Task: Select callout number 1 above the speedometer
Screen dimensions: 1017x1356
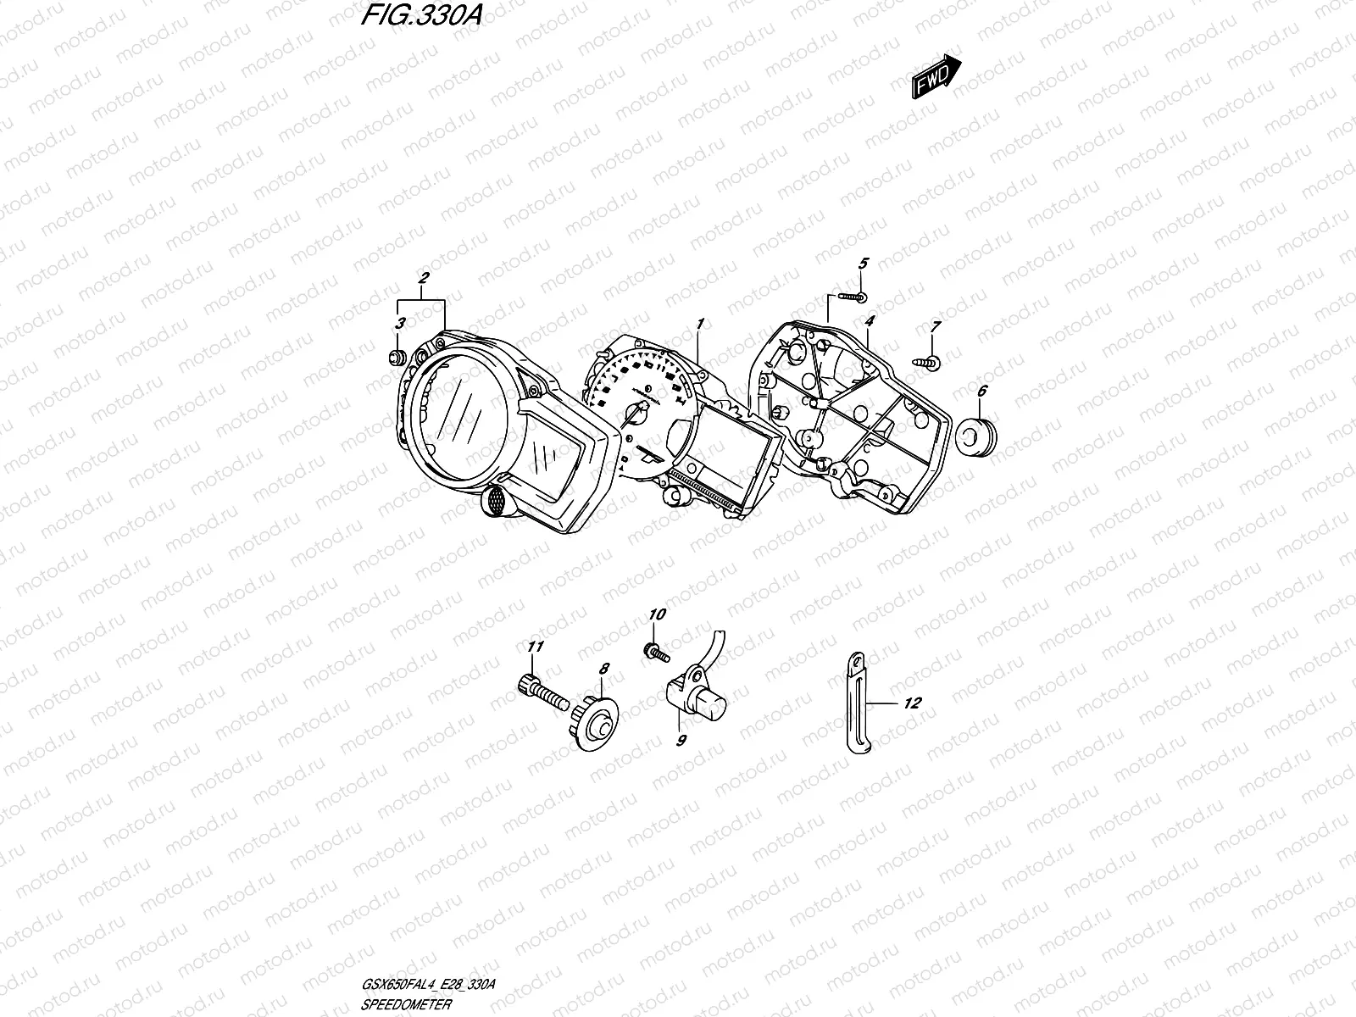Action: [701, 324]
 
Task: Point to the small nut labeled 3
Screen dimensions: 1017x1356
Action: [394, 356]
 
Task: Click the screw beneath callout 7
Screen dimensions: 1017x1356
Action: [925, 361]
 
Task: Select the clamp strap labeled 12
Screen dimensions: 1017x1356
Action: [857, 703]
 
